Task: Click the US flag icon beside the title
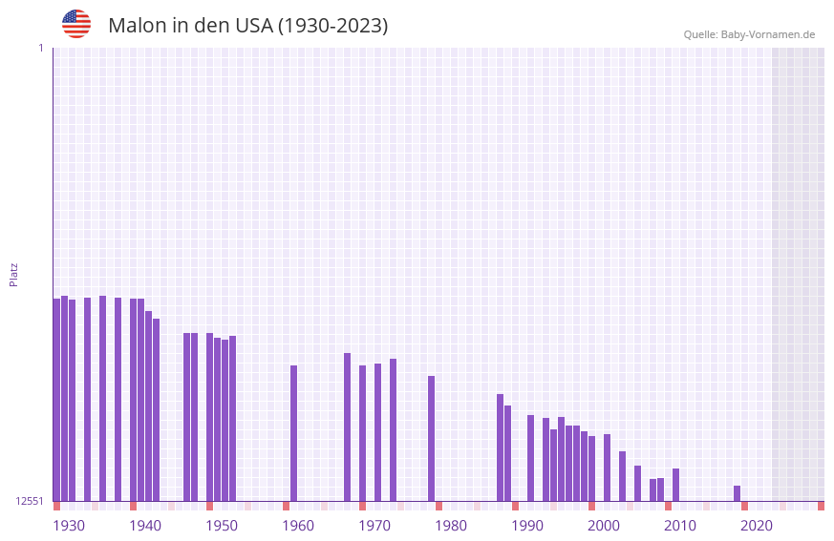click(x=76, y=24)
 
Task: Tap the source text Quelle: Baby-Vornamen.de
click(x=749, y=34)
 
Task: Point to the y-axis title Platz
click(x=13, y=274)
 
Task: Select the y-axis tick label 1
click(x=40, y=48)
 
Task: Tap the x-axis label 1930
click(x=69, y=526)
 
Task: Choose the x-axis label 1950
click(x=222, y=526)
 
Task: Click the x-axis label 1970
click(x=374, y=526)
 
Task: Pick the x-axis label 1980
click(x=451, y=526)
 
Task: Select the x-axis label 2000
click(x=604, y=526)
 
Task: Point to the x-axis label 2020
click(x=757, y=526)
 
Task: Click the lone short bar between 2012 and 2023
click(x=737, y=493)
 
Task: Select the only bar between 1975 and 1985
click(x=431, y=438)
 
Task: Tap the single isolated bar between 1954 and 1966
click(x=293, y=433)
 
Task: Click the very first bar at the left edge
click(x=56, y=400)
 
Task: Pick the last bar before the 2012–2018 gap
click(x=675, y=485)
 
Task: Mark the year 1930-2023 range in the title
click(x=332, y=26)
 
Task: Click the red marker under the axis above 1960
click(x=286, y=506)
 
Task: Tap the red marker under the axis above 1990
click(x=515, y=506)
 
